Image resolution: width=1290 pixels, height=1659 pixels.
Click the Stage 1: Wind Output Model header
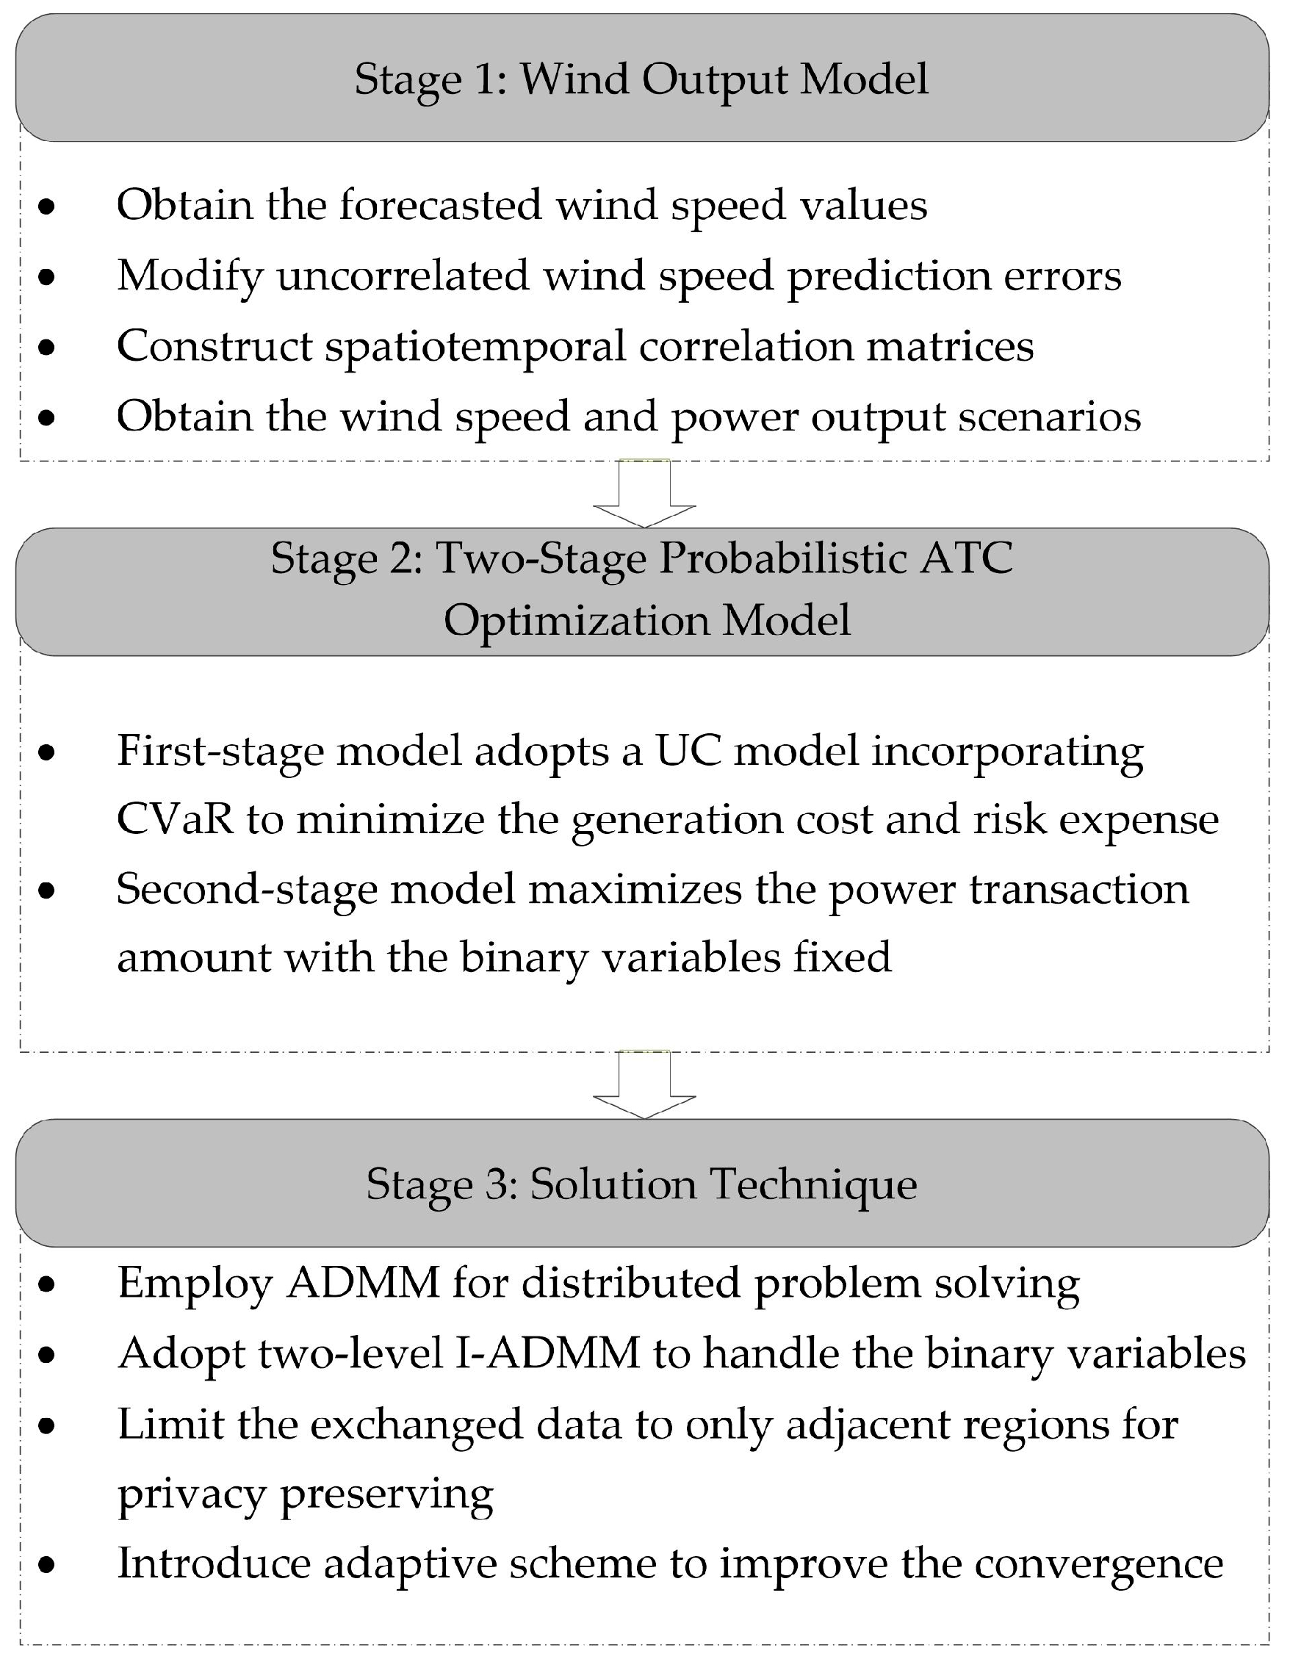642,79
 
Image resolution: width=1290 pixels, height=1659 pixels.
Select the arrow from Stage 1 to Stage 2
644,492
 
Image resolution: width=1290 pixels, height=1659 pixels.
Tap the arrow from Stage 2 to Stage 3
644,1084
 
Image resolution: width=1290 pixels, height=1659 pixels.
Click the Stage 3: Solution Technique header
642,1184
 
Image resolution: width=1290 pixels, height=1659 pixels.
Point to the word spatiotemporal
475,346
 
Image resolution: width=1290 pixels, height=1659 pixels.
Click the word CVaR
174,821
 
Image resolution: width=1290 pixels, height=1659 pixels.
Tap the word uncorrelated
403,275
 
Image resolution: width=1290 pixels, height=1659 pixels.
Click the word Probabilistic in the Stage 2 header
782,558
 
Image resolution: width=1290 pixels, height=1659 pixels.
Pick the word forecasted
441,205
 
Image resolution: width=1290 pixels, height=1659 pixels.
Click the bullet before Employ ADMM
48,1284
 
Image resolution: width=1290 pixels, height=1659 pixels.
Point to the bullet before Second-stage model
48,890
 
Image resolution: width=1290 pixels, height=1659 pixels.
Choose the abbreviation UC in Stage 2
688,752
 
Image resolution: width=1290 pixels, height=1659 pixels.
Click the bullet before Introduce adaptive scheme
48,1565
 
